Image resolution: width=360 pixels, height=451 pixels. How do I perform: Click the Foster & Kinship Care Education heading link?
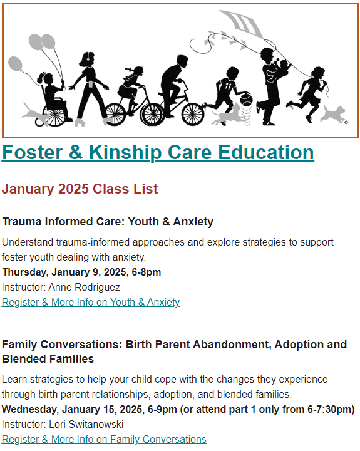(158, 152)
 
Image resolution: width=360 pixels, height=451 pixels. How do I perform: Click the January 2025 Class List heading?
(80, 189)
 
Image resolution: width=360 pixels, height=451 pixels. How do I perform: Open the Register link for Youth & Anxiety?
(91, 302)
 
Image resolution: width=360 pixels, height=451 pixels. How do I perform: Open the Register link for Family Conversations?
(104, 439)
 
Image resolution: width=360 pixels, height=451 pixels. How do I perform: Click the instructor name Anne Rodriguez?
(85, 287)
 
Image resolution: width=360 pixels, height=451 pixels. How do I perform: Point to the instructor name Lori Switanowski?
(86, 424)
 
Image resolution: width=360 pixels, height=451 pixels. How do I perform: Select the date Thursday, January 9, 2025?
(65, 272)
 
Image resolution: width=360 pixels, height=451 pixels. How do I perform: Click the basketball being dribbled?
(246, 99)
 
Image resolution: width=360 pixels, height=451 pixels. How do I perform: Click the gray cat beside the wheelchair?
(35, 114)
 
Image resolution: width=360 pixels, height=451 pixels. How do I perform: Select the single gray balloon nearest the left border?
(15, 64)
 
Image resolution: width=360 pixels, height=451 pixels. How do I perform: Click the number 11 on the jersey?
(228, 85)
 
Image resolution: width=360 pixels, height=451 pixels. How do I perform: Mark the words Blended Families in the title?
(48, 359)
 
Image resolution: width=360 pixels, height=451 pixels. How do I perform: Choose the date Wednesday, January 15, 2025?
(73, 409)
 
